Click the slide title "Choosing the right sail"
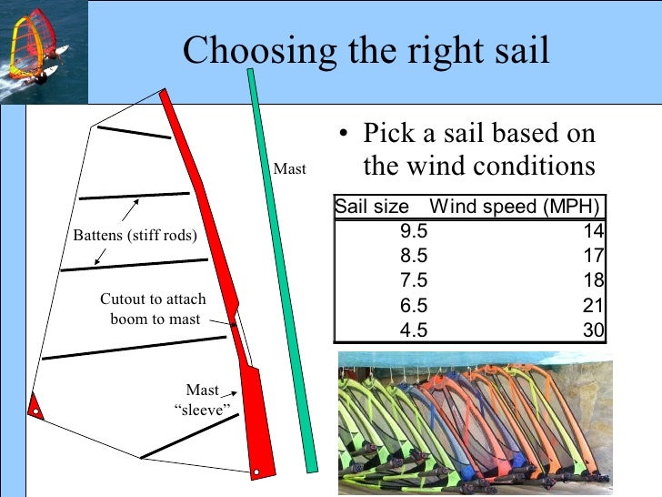tap(366, 52)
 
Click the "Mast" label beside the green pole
tap(289, 169)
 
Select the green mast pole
tap(283, 273)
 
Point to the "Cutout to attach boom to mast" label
tap(154, 309)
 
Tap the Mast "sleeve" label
tap(201, 399)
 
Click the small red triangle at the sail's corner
tap(35, 403)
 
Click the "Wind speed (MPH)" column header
tap(515, 207)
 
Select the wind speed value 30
tap(594, 330)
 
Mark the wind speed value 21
tap(594, 306)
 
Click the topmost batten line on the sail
tap(134, 133)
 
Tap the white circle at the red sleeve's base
tap(257, 472)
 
